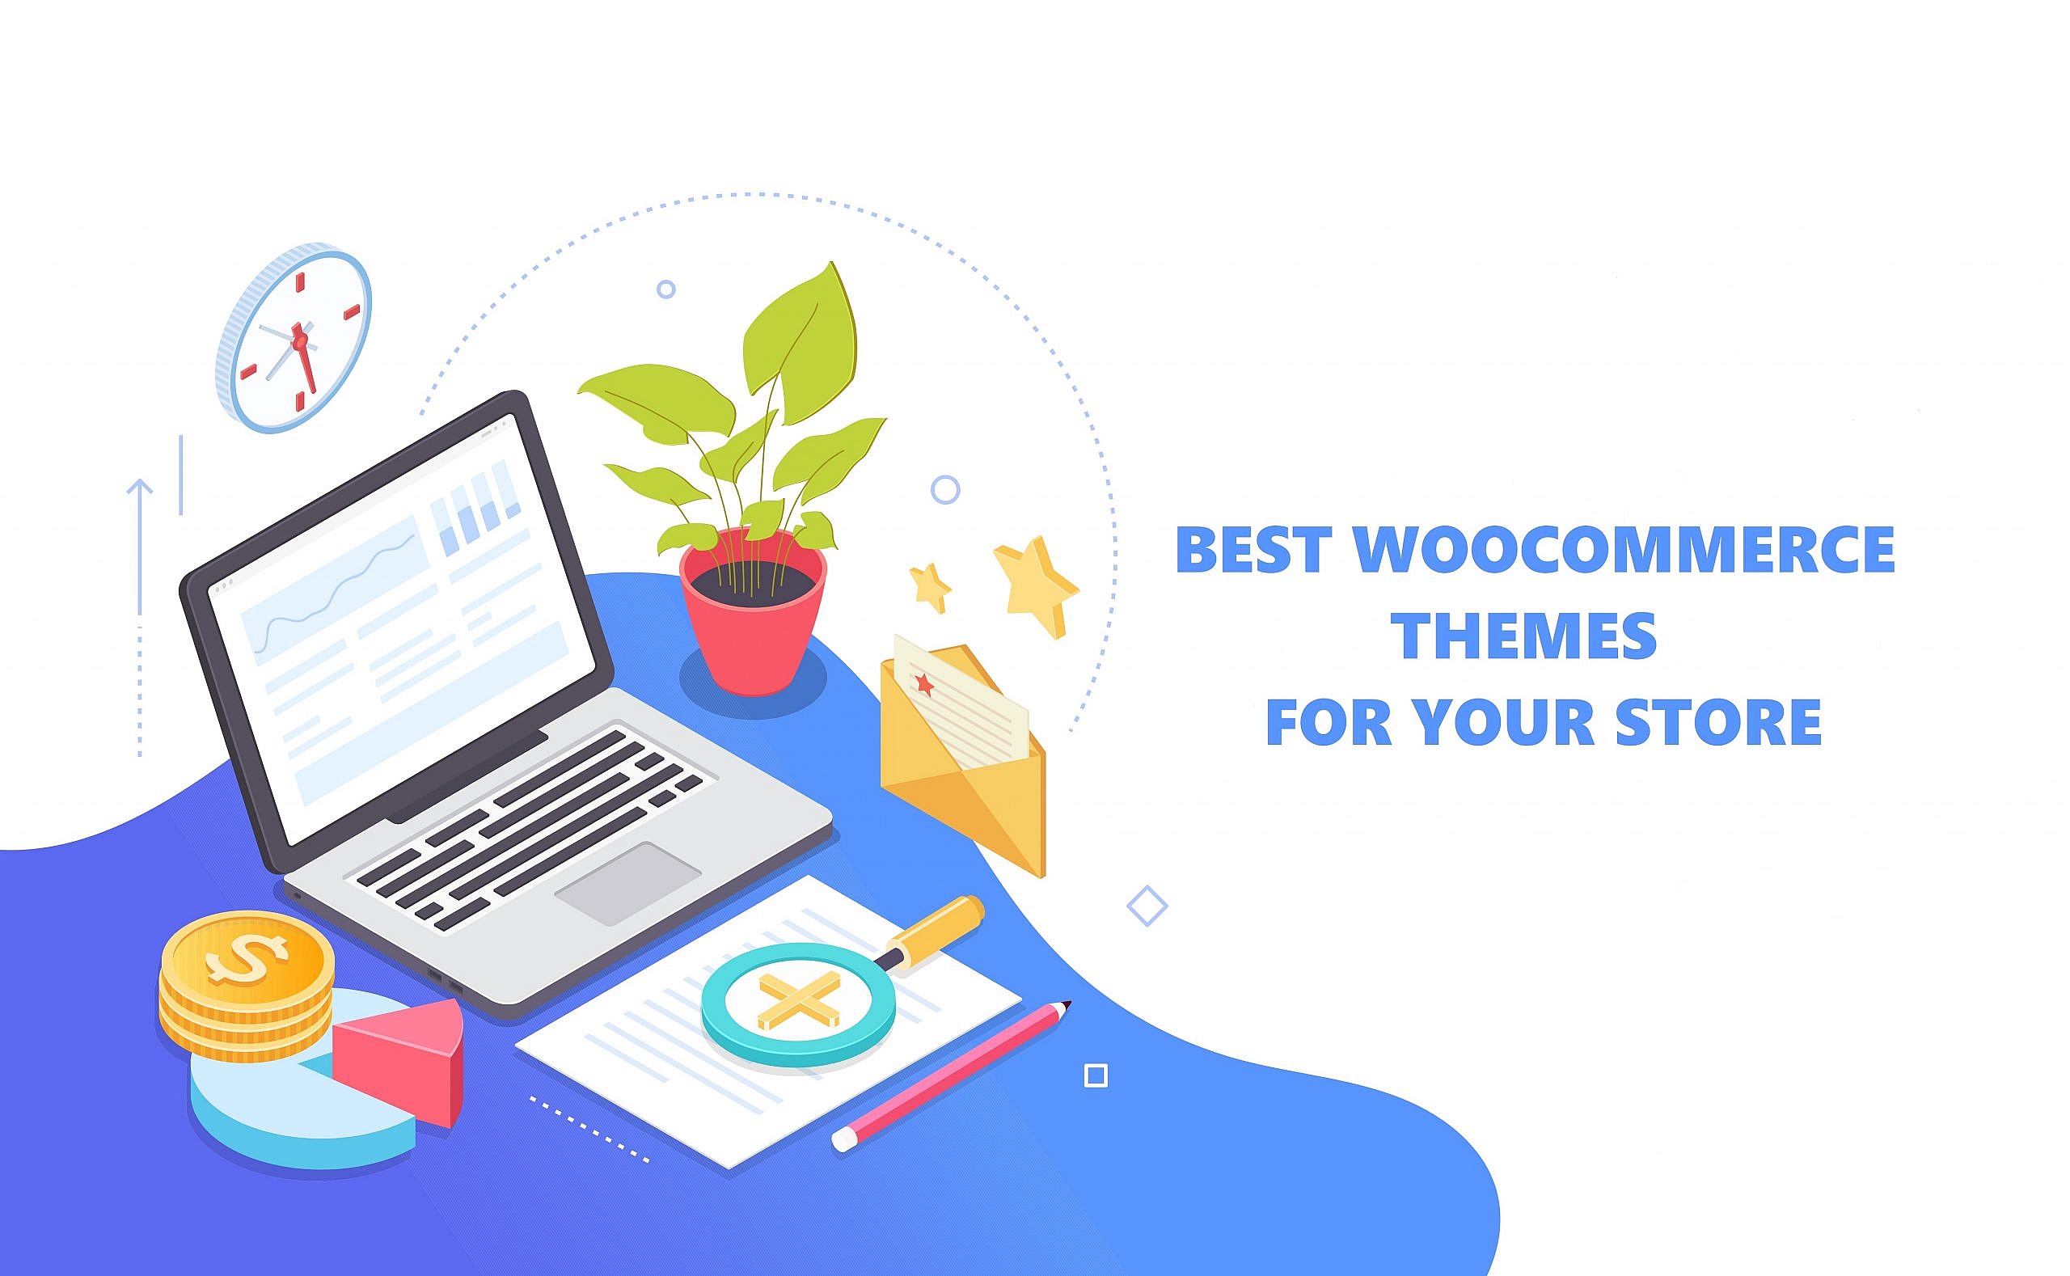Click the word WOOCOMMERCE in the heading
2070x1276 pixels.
pos(1624,549)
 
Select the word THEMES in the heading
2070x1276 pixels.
pos(1524,636)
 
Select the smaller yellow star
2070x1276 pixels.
pos(930,586)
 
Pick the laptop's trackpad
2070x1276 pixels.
pos(627,882)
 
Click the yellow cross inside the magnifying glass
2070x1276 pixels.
pos(798,1001)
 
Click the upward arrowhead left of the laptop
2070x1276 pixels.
pos(139,487)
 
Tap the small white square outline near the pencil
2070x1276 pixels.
pos(1096,1076)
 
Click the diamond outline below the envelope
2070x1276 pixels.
pos(1147,906)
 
